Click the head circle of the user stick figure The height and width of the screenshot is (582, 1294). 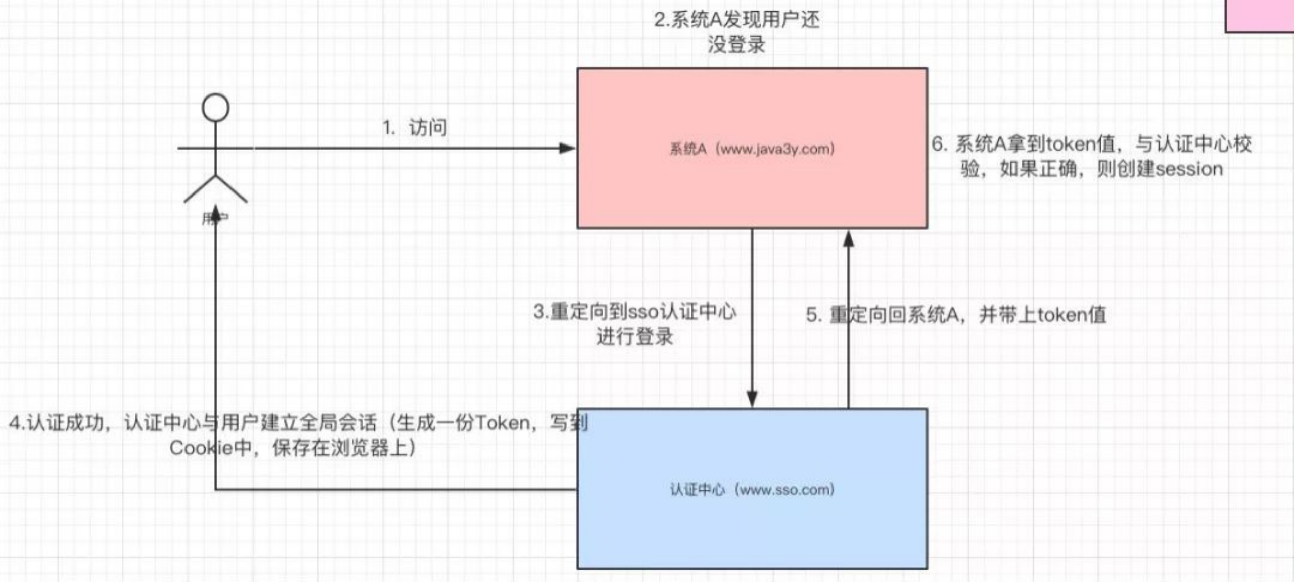coord(215,108)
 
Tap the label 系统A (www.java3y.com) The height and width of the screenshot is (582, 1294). coord(752,149)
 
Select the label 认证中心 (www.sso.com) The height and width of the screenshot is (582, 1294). coord(752,489)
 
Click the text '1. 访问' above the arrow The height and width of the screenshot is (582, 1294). coord(414,127)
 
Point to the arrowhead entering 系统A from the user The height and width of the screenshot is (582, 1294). coord(567,148)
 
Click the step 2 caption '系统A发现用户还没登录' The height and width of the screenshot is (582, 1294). coord(736,31)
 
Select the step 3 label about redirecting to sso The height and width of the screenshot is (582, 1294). coord(634,323)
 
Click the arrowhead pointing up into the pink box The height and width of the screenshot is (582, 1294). coord(849,239)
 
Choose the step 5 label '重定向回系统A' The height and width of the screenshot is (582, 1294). coord(955,315)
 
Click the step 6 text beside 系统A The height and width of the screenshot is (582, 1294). coord(1092,156)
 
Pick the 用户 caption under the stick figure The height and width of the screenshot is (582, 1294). coord(215,219)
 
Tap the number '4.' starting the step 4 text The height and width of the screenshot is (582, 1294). coord(17,423)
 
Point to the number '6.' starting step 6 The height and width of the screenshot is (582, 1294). coord(940,144)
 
